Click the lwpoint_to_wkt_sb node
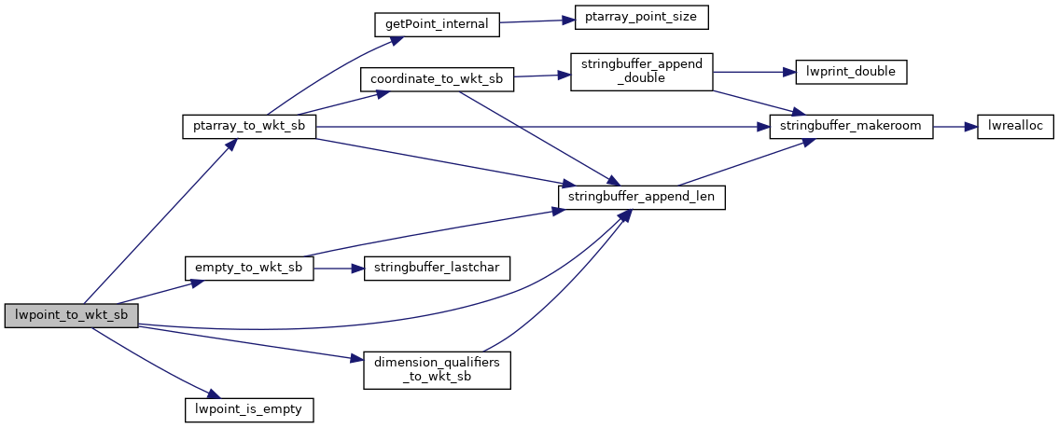click(x=72, y=315)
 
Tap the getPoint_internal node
click(x=437, y=24)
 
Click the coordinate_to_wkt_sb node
click(x=437, y=80)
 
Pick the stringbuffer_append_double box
click(x=642, y=71)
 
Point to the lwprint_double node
click(x=851, y=71)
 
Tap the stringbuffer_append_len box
click(x=642, y=197)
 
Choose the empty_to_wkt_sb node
click(x=249, y=268)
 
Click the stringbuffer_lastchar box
click(x=437, y=268)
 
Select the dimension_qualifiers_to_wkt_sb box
click(x=437, y=369)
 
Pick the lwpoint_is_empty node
click(x=249, y=407)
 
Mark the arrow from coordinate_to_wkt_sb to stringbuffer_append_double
click(x=537, y=76)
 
